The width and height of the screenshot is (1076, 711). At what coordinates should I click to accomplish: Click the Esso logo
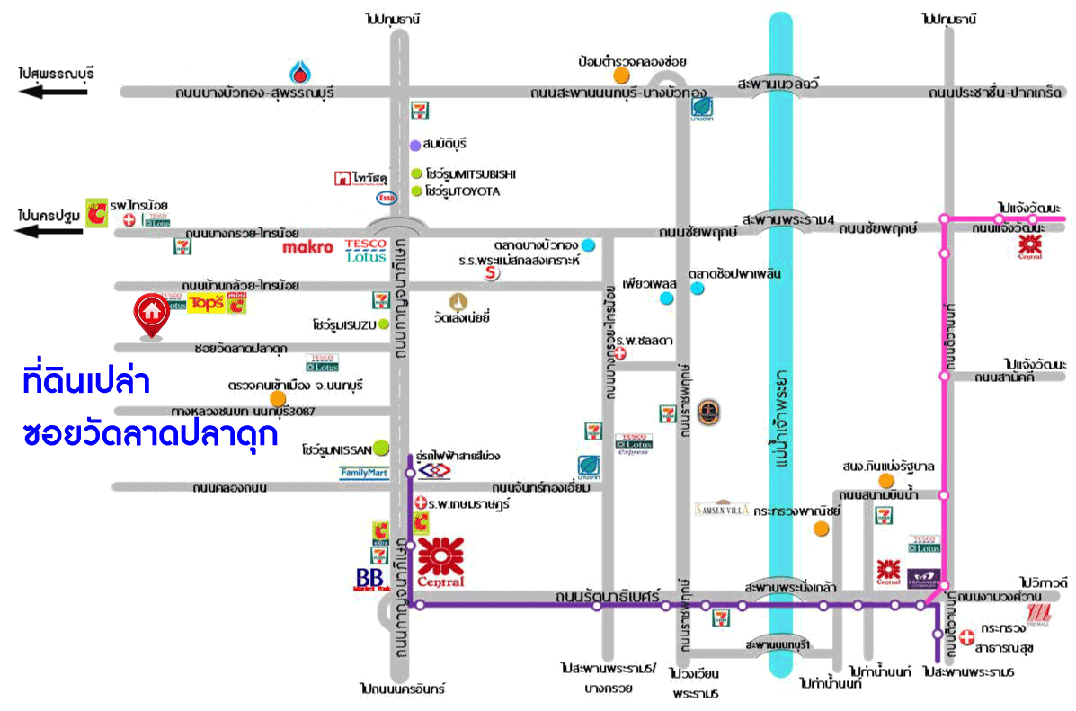click(386, 197)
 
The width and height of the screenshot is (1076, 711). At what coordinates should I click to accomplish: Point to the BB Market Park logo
click(369, 578)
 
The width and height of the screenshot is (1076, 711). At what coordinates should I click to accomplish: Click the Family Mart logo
click(364, 472)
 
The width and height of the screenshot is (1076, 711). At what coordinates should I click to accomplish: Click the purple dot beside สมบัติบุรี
click(415, 145)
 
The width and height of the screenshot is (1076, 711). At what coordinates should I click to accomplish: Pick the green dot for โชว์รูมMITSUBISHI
click(416, 174)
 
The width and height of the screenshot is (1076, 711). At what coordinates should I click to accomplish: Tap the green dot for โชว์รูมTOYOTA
click(416, 191)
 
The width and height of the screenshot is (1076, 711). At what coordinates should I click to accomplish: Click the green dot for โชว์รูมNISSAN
click(381, 446)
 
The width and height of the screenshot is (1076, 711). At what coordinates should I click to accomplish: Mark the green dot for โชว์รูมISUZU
click(383, 324)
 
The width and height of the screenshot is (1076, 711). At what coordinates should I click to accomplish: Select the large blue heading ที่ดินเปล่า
click(86, 382)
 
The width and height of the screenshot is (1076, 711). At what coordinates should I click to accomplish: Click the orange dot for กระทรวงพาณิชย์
click(821, 528)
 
